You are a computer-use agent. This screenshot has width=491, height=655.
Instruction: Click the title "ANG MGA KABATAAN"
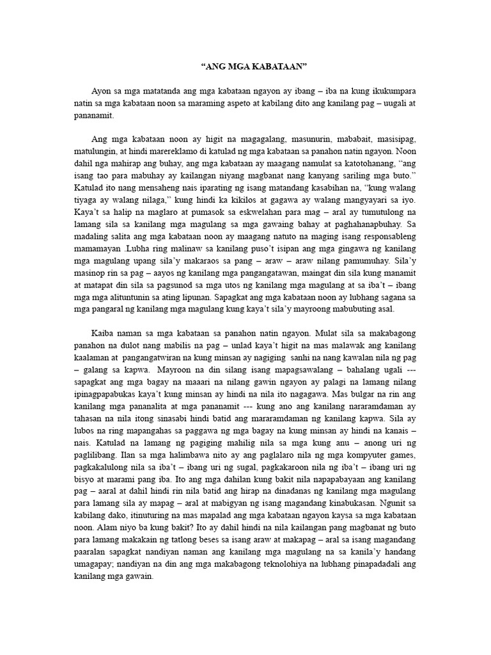tap(245, 65)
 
